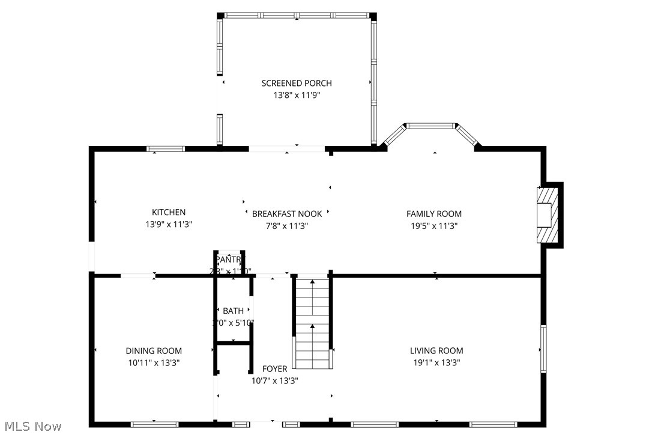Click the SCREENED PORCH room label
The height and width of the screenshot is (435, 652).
296,83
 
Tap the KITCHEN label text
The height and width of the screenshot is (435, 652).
168,212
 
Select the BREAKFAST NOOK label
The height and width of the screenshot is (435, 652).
286,213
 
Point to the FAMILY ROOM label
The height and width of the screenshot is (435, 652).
433,213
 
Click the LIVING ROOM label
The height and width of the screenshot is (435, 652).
436,350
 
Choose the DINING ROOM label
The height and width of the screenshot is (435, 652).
154,350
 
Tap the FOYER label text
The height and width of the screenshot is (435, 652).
274,368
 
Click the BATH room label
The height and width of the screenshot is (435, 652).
233,311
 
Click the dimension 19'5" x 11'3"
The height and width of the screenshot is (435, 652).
433,226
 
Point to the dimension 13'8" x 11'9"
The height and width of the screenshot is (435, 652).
296,95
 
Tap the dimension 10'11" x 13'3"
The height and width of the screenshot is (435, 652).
154,362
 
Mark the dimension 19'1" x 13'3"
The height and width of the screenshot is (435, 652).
436,362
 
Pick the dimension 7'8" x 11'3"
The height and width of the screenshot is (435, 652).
286,225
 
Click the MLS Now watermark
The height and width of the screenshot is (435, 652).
31,426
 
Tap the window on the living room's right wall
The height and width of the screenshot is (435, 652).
543,348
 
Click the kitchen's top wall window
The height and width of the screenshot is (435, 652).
166,148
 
